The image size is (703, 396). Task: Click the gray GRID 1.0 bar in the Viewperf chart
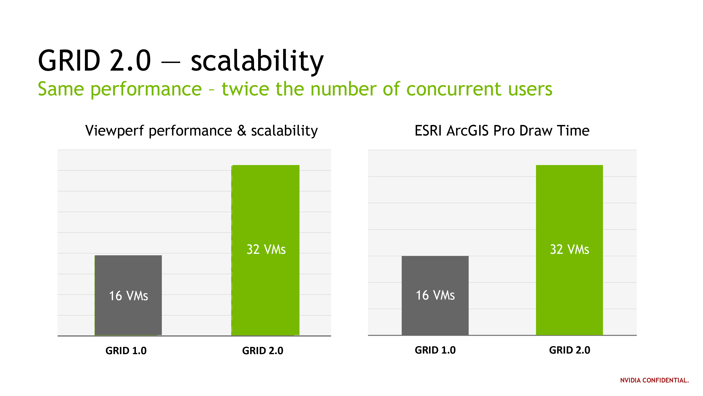tap(128, 295)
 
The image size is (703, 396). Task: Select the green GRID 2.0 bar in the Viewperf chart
tap(265, 250)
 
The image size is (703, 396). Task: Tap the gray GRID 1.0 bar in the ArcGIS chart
tap(435, 295)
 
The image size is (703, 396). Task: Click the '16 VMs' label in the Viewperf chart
tap(128, 296)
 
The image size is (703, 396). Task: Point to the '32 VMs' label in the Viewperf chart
tap(266, 249)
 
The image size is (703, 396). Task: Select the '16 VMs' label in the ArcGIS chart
tap(435, 295)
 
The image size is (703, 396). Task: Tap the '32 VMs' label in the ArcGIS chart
tap(570, 249)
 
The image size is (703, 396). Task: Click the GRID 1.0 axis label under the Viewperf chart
tap(126, 351)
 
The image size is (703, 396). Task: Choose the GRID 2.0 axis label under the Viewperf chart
tap(263, 351)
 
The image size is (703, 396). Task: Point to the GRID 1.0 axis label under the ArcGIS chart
tap(435, 350)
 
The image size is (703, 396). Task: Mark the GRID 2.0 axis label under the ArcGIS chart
tap(570, 350)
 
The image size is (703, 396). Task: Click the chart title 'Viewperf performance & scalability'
tap(201, 131)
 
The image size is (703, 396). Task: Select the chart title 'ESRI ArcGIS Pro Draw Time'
tap(502, 130)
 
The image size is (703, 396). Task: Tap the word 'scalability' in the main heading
tap(257, 61)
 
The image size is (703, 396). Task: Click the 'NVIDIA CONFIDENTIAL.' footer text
tap(654, 380)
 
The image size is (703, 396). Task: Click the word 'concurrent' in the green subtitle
tap(454, 90)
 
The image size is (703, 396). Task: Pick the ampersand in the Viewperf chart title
tap(242, 130)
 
